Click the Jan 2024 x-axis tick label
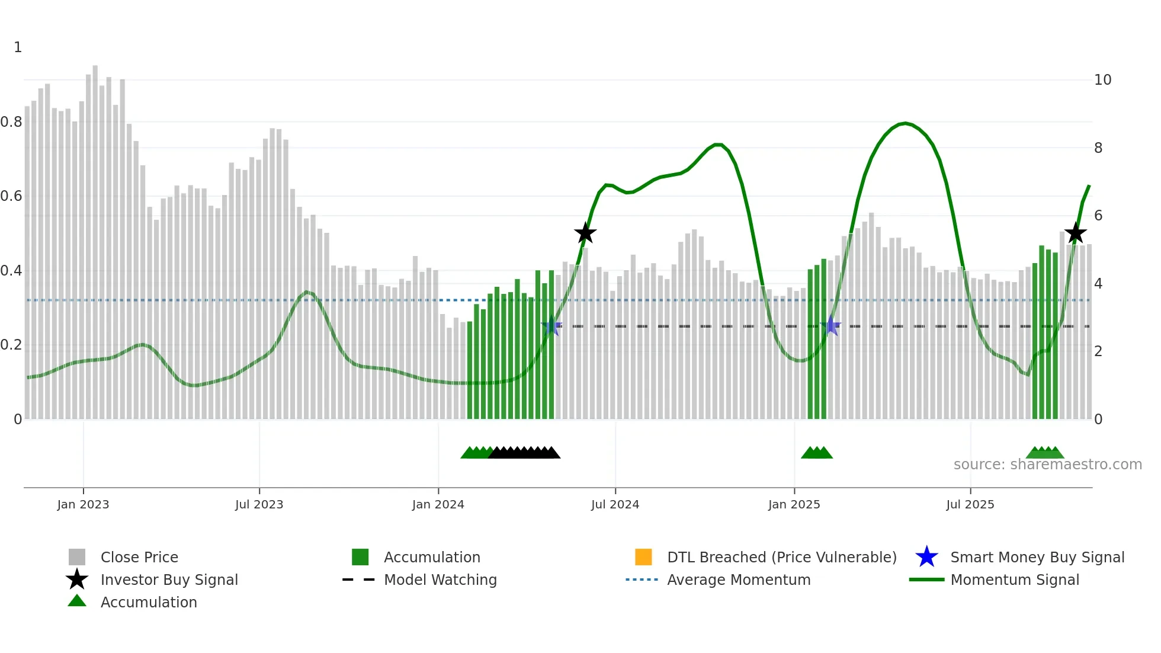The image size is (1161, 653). coord(438,504)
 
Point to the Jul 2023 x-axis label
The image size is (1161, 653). coord(259,504)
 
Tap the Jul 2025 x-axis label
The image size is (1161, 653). coord(970,504)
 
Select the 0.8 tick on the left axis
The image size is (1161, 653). coord(11,122)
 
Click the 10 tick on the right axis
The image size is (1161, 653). coord(1102,80)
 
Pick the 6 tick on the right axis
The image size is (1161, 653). coord(1098,216)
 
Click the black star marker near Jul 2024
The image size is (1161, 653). coord(585,233)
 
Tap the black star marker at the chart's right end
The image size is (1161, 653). coord(1075,233)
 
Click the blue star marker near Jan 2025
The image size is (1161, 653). coord(831,326)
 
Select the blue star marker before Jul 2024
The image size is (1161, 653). coord(551,326)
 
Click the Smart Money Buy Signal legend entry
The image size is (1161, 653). coord(1037,557)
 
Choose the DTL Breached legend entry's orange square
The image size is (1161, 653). coord(643,557)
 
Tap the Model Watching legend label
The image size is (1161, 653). coord(440,580)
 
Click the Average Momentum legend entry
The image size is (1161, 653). coord(738,580)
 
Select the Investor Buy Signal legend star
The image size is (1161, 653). coord(77,580)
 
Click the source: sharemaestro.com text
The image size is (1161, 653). coord(1047,465)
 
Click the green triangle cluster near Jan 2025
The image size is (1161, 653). coord(817,453)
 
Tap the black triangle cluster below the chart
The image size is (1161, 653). coord(524,453)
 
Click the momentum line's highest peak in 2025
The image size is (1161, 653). coord(905,123)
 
